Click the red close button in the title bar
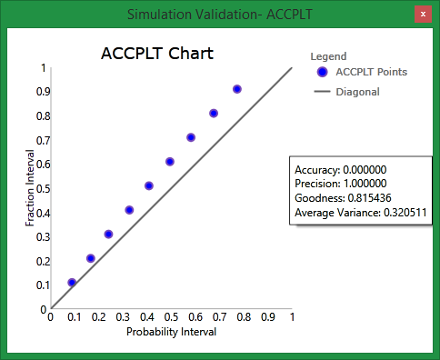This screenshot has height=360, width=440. coord(422,14)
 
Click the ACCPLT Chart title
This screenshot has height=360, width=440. coord(156,53)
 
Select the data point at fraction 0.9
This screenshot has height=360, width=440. coord(237,89)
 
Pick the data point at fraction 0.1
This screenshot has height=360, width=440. coord(72,283)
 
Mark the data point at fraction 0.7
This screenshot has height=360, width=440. coord(191,137)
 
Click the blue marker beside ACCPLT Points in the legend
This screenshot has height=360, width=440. coord(322,72)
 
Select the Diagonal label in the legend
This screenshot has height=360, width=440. coord(357,92)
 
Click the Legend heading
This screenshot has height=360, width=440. coord(328,56)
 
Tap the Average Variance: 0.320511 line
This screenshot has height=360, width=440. coord(361,213)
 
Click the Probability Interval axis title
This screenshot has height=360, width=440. coord(171,332)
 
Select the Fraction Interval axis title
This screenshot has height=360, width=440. coord(30,188)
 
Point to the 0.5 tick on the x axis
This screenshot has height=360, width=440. coord(171,318)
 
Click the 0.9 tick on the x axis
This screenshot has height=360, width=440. coord(267,318)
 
